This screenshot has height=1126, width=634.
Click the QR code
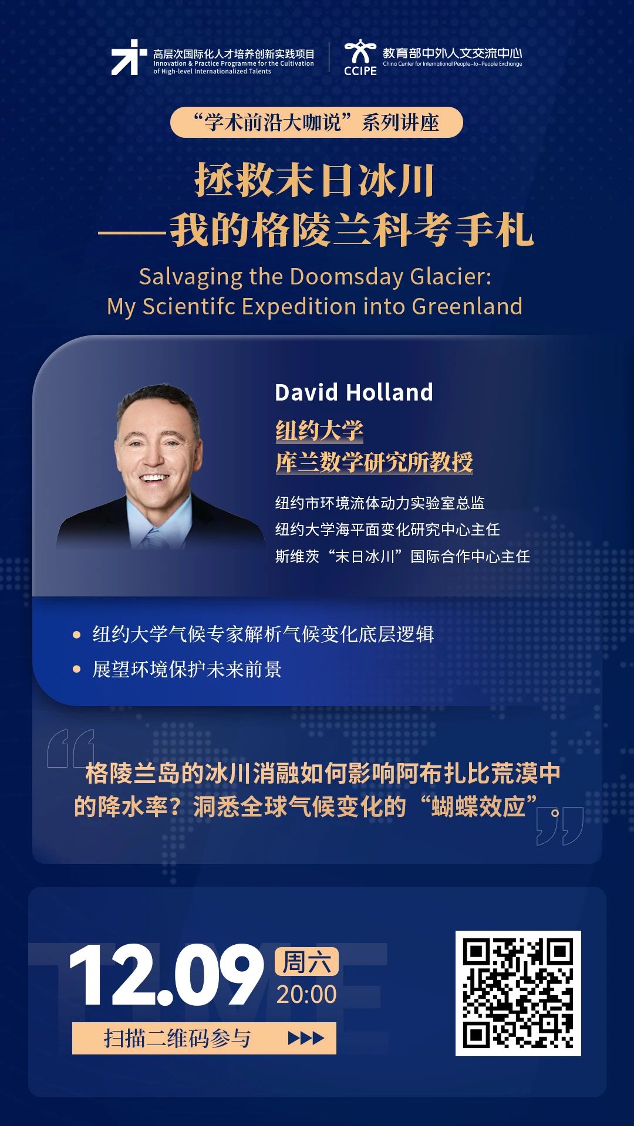click(x=518, y=993)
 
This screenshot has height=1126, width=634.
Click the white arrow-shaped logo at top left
click(x=129, y=57)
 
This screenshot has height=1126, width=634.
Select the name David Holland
click(x=354, y=392)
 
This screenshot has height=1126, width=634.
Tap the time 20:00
click(x=306, y=994)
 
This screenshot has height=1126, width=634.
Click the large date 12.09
click(x=166, y=976)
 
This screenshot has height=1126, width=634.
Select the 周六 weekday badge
click(x=306, y=961)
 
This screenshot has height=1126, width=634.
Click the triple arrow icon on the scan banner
click(x=306, y=1039)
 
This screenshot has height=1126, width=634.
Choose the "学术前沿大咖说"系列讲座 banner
click(x=316, y=123)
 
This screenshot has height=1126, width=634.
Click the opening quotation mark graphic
click(x=70, y=748)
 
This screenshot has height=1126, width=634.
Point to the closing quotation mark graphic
click(x=560, y=826)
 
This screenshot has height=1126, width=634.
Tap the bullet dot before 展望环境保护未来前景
click(x=76, y=669)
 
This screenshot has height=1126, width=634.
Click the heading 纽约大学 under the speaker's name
click(x=319, y=431)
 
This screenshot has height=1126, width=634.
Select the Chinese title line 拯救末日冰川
click(x=315, y=180)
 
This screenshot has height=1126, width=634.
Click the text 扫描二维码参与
click(x=177, y=1039)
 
